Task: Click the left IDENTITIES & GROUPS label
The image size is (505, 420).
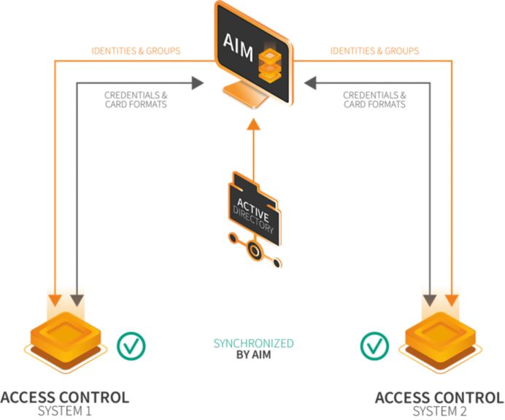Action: pos(136,51)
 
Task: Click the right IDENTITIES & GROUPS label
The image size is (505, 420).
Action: pos(374,51)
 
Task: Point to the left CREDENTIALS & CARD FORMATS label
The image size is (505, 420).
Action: pos(136,99)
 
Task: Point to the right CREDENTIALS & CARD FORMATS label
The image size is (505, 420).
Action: pos(374,99)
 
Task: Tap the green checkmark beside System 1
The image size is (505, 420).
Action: pos(131,345)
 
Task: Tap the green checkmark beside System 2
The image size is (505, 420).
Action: pos(374,345)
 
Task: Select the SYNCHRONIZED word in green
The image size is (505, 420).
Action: pos(253,343)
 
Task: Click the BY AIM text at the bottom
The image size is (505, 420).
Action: pos(253,355)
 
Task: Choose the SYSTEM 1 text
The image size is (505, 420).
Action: pos(65,412)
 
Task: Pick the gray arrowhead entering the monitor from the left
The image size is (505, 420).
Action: pos(198,83)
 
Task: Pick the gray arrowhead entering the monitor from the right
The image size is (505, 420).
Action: pos(309,83)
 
